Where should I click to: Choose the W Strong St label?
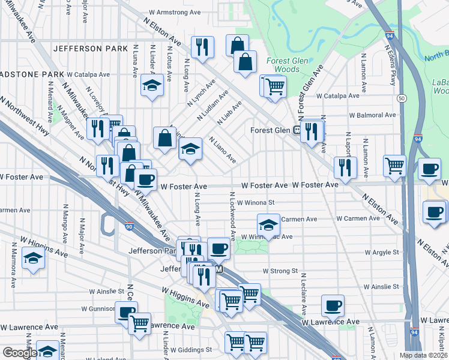280,271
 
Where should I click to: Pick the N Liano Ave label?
222,150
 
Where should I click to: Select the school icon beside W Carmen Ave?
268,224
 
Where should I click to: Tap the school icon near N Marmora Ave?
33,258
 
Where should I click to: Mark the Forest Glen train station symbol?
297,130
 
